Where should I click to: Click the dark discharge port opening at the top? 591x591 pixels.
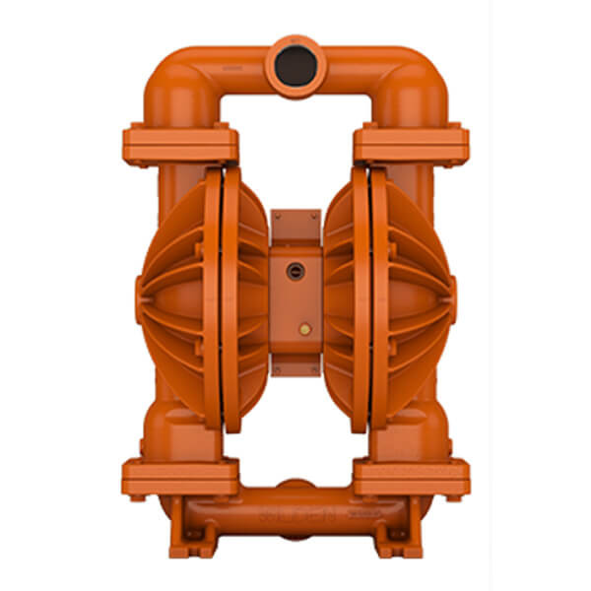pyautogui.click(x=295, y=65)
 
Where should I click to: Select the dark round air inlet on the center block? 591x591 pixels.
pyautogui.click(x=294, y=271)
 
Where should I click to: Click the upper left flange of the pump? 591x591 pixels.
pyautogui.click(x=180, y=144)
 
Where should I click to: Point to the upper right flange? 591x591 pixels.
pyautogui.click(x=411, y=144)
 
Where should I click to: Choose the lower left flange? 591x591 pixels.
pyautogui.click(x=180, y=477)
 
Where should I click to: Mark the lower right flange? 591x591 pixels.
pyautogui.click(x=411, y=477)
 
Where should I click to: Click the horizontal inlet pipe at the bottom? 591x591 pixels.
pyautogui.click(x=295, y=512)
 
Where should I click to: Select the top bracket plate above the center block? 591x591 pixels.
pyautogui.click(x=295, y=224)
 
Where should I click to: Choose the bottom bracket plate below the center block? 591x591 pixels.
pyautogui.click(x=295, y=367)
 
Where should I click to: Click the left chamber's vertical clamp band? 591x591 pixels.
pyautogui.click(x=229, y=295)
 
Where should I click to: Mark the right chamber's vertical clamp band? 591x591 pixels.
pyautogui.click(x=362, y=295)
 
